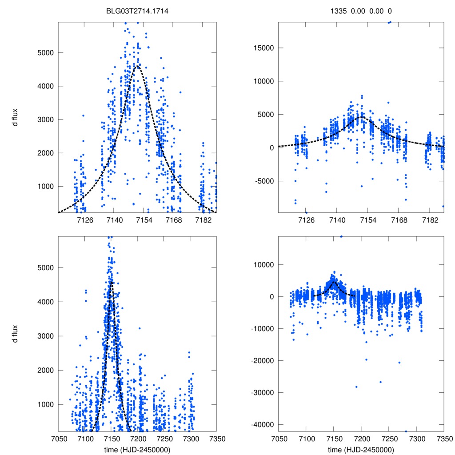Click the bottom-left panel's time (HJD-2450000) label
pos(137,449)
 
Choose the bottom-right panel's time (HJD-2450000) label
pos(361,449)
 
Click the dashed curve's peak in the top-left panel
pos(138,66)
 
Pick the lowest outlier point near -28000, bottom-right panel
pos(356,387)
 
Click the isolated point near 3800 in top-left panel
pos(180,92)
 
